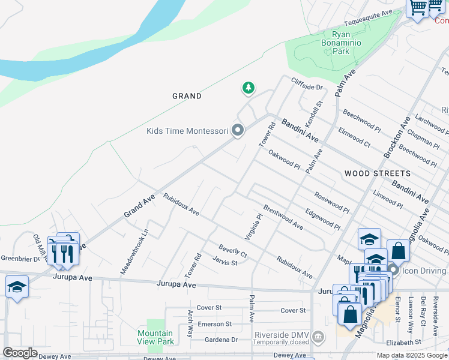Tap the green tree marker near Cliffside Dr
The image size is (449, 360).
248,89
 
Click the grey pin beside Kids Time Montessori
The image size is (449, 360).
238,130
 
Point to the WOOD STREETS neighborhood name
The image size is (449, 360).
378,173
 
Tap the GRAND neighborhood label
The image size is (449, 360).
187,96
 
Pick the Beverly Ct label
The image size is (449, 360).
232,251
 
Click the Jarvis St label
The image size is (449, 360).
225,262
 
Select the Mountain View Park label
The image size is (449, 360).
155,337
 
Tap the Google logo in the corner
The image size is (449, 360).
19,353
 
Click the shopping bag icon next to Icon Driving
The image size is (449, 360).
398,251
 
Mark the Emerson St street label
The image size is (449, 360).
214,324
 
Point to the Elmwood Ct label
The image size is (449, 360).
355,136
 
